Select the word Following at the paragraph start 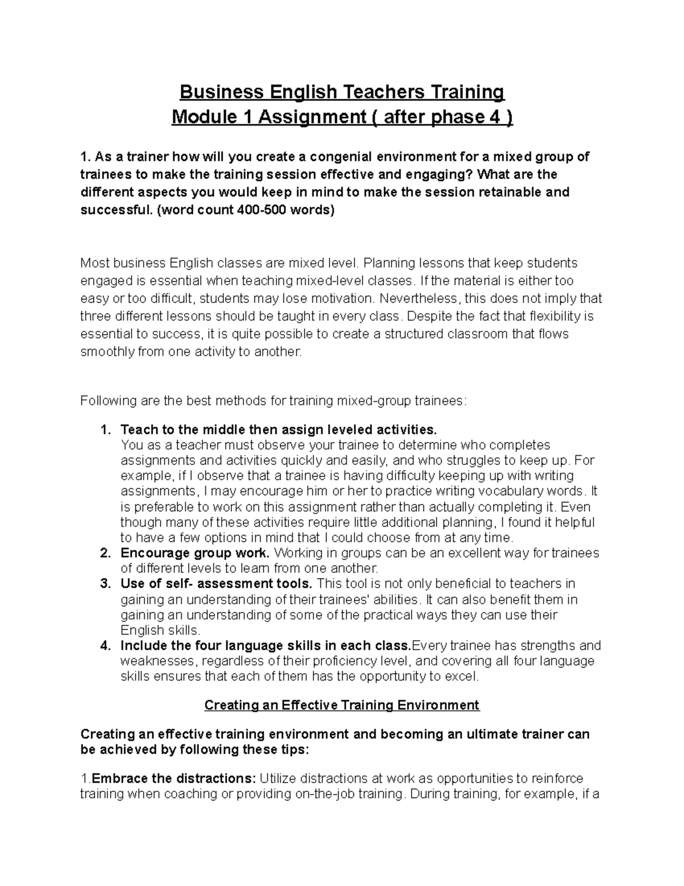coord(105,401)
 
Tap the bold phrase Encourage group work coord(195,553)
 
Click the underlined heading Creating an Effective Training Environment coord(342,705)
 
